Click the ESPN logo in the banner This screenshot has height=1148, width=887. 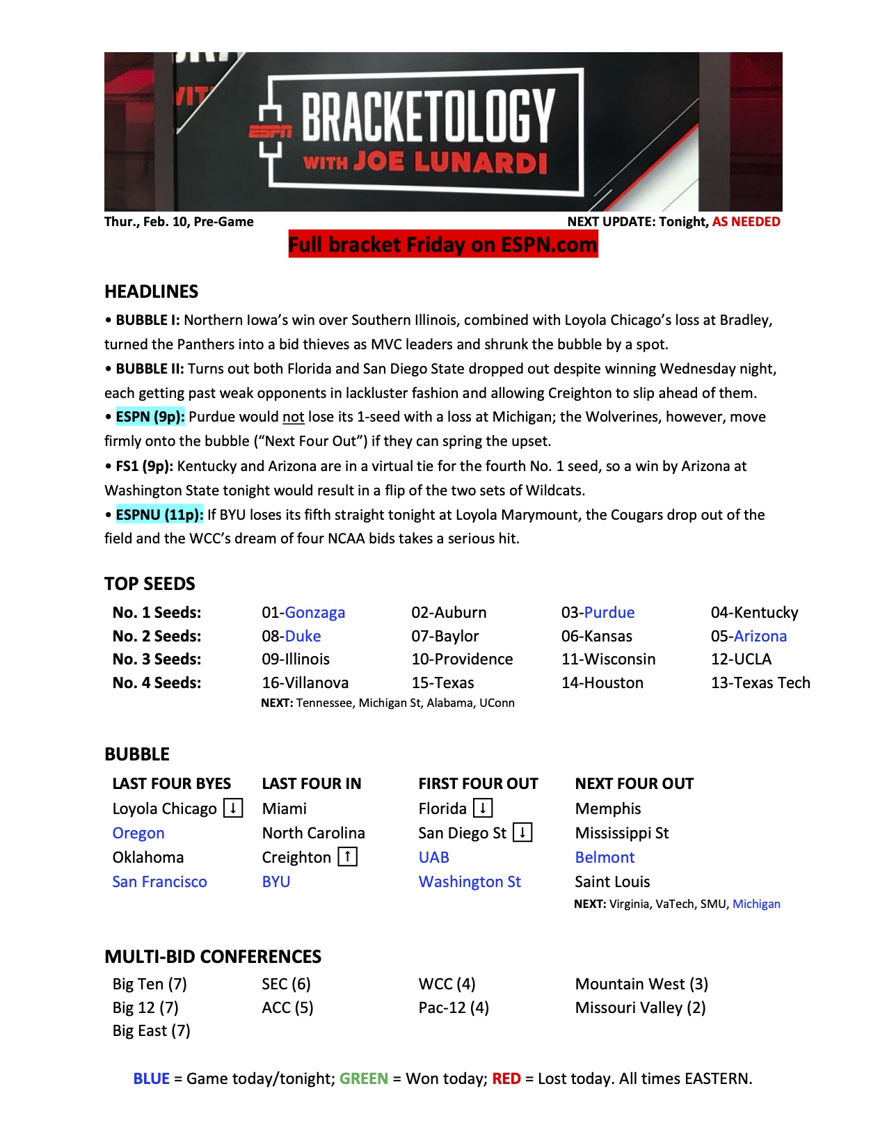pos(271,131)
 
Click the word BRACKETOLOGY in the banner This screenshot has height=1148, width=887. pos(428,115)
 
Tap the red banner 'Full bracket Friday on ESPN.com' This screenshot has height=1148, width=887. pos(443,245)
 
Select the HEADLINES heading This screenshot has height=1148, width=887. pos(151,292)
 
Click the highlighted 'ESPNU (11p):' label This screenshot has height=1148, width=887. pos(159,515)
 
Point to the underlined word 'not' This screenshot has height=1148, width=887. pos(293,417)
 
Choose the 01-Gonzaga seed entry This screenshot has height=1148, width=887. pos(303,613)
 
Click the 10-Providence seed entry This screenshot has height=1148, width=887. pos(462,660)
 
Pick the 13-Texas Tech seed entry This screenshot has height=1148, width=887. pos(760,683)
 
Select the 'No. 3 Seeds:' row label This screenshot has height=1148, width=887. pos(157,660)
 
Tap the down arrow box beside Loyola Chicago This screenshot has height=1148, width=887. pos(233,808)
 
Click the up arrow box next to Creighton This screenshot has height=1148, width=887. pos(347,856)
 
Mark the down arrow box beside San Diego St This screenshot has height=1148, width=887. pos(522,832)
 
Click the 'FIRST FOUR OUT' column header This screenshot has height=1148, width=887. pos(478,784)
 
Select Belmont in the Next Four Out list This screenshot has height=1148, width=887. pos(605,858)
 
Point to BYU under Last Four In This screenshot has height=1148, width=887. pos(275,882)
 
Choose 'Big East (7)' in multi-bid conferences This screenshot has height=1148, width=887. pos(151,1031)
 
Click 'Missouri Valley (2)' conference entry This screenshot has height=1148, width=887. pos(640,1008)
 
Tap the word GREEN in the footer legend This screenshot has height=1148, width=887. pos(363,1079)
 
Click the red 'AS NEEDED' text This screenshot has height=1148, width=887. pos(746,222)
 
